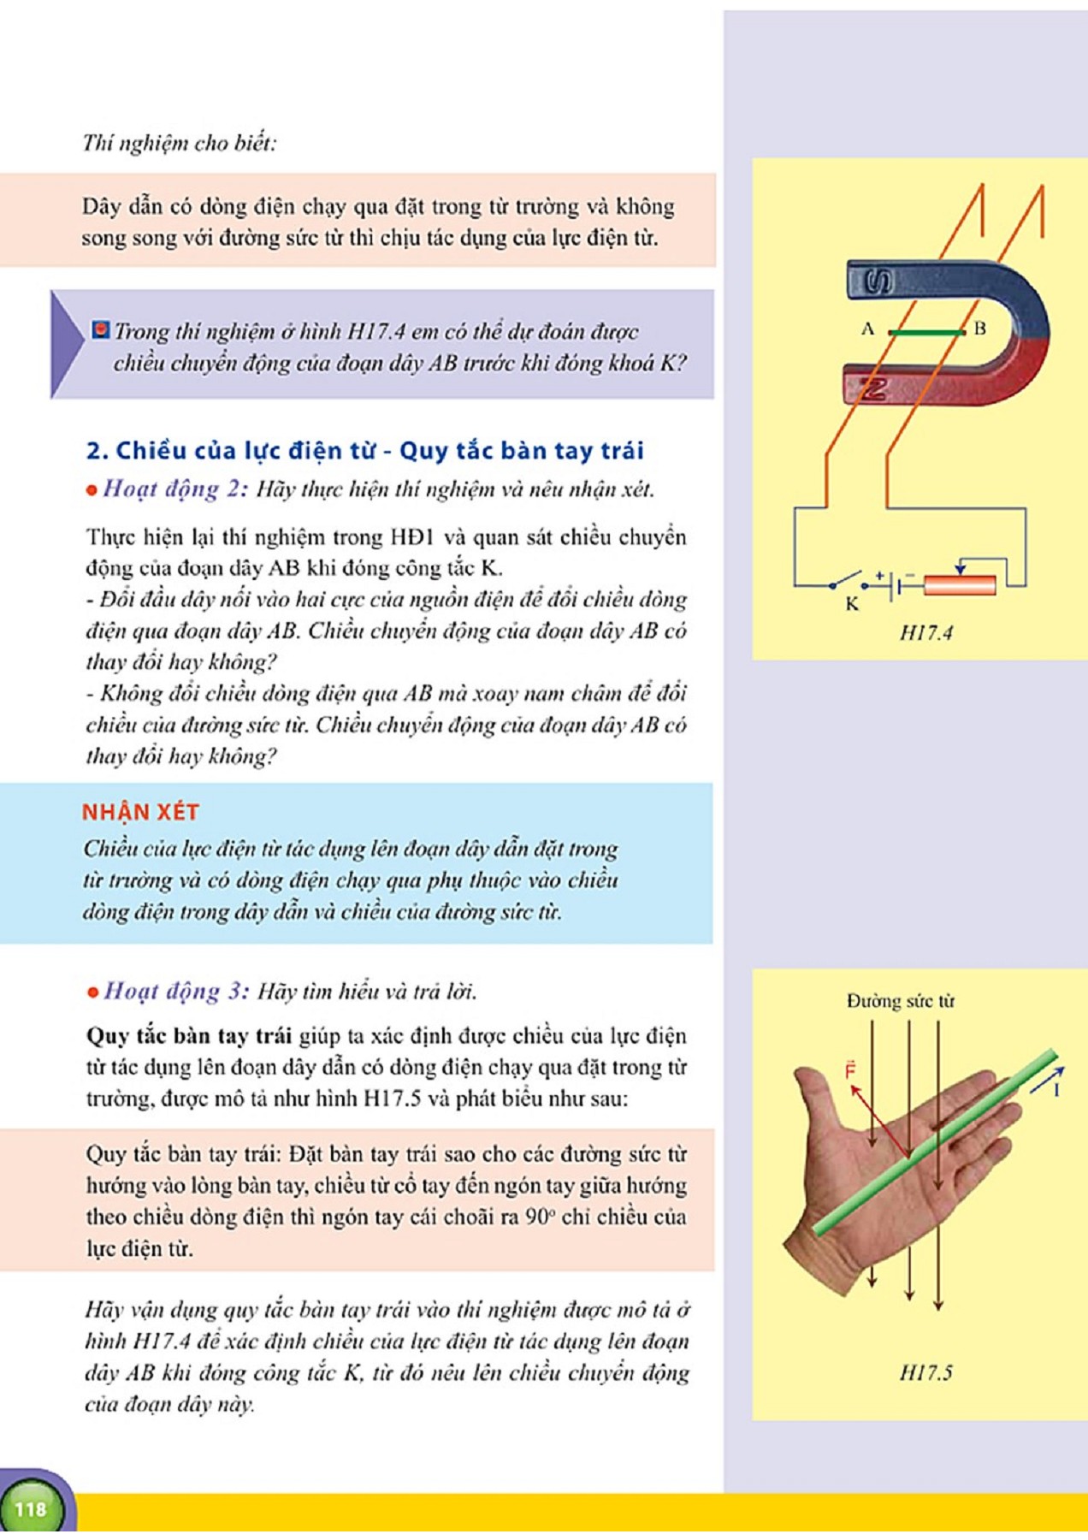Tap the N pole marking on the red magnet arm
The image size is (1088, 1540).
click(872, 389)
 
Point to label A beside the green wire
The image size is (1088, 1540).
click(867, 329)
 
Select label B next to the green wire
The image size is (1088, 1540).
click(980, 329)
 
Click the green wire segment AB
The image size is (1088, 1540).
click(927, 332)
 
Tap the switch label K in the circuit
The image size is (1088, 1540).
click(852, 604)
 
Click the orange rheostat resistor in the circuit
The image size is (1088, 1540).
click(960, 585)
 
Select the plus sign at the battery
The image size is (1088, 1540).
click(879, 575)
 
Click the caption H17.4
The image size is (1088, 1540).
click(925, 633)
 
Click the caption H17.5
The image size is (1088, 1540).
click(925, 1373)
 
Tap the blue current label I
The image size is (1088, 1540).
click(1056, 1090)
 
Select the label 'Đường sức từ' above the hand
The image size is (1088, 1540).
click(900, 1001)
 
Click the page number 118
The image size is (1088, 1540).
click(31, 1508)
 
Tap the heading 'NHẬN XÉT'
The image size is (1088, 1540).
click(140, 812)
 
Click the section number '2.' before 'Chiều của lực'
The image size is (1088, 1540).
click(97, 451)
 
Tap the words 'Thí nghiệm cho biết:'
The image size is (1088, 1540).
click(180, 143)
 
